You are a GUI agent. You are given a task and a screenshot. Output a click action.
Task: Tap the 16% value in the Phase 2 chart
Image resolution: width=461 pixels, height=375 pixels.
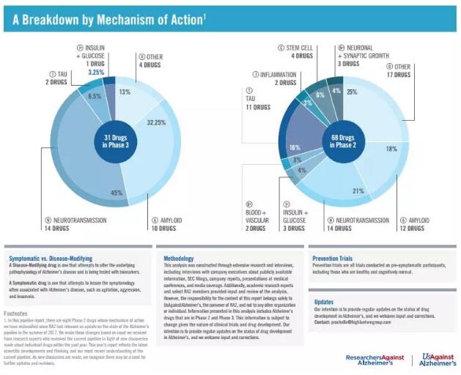click(295, 146)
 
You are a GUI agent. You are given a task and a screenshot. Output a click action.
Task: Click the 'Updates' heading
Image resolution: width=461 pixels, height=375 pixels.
click(324, 301)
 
